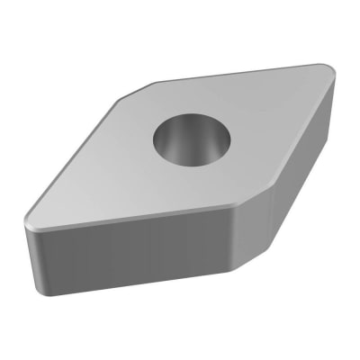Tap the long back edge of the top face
234,74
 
